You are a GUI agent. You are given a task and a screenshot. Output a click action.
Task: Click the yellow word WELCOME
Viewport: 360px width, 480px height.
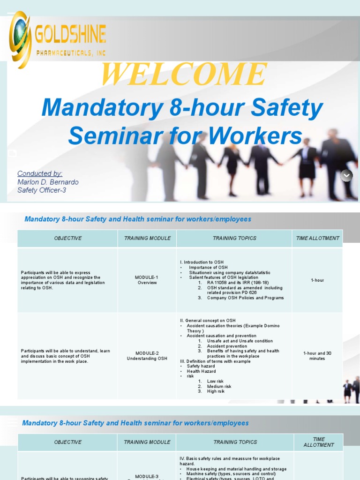click(x=184, y=75)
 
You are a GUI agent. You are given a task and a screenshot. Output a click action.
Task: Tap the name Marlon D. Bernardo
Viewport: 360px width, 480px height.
click(x=48, y=182)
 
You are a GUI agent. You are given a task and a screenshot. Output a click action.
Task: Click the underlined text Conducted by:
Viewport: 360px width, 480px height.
click(x=40, y=173)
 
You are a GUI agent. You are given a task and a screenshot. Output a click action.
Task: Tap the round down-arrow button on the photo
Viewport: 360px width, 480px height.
click(x=346, y=175)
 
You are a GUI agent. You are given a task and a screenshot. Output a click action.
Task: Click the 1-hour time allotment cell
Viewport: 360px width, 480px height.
click(x=317, y=280)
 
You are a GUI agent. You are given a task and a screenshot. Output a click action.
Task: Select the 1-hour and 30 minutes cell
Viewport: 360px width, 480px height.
click(x=317, y=356)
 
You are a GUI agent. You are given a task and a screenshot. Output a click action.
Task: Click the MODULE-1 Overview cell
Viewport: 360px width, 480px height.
click(x=147, y=280)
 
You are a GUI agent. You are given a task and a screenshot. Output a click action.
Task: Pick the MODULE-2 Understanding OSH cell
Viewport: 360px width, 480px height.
click(x=147, y=356)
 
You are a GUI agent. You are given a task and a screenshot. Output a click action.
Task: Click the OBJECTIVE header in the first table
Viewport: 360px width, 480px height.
click(x=67, y=238)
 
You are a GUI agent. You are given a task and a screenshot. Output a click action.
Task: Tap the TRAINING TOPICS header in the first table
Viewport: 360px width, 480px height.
click(x=234, y=238)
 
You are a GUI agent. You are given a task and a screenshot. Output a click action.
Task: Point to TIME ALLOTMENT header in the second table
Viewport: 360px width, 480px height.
click(x=319, y=442)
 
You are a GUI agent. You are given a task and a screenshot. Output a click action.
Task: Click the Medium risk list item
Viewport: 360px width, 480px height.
click(x=219, y=386)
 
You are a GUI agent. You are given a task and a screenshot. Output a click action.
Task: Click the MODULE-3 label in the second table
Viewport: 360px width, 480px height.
click(x=147, y=476)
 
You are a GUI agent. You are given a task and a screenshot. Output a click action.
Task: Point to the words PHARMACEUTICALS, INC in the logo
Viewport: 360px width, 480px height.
click(x=71, y=53)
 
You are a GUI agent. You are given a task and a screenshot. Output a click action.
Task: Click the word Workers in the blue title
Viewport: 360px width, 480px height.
click(x=255, y=136)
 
